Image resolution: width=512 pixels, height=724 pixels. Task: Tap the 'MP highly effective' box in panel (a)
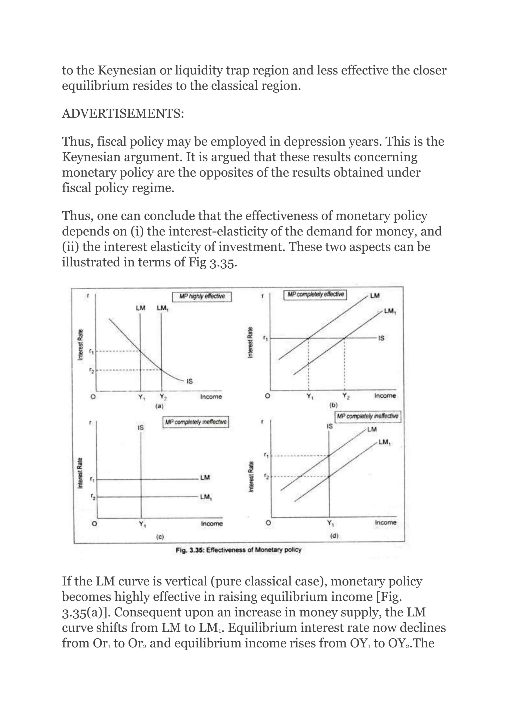pyautogui.click(x=202, y=296)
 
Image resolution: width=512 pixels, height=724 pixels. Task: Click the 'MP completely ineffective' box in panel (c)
pyautogui.click(x=196, y=422)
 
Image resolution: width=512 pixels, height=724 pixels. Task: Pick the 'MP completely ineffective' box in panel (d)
pyautogui.click(x=367, y=416)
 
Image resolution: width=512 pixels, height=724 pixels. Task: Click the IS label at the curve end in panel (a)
pyautogui.click(x=189, y=381)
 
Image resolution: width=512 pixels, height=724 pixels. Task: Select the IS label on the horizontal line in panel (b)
pyautogui.click(x=381, y=338)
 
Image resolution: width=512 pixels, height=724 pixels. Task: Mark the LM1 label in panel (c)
pyautogui.click(x=205, y=497)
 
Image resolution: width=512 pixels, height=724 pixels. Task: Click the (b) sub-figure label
pyautogui.click(x=333, y=405)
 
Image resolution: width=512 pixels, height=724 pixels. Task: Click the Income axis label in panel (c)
pyautogui.click(x=211, y=523)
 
